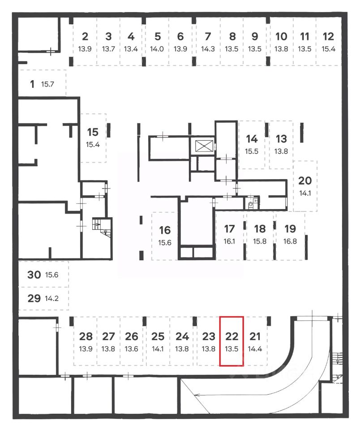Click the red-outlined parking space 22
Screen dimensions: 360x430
coord(231,341)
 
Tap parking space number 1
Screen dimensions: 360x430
coord(32,84)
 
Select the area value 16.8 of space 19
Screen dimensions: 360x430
coord(290,241)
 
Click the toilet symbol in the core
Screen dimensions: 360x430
coord(250,206)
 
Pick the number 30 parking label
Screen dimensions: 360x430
coord(34,275)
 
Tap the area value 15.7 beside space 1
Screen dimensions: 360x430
coord(47,84)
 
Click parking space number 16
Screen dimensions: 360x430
coord(165,230)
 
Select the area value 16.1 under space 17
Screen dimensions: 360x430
coord(229,241)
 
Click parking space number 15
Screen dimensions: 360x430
coord(93,132)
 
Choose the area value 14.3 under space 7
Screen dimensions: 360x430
coord(207,49)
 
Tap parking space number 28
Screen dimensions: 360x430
coord(86,336)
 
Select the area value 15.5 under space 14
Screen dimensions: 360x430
coord(252,151)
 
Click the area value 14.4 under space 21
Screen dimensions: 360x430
coord(255,348)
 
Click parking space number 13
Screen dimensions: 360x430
coord(281,139)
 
